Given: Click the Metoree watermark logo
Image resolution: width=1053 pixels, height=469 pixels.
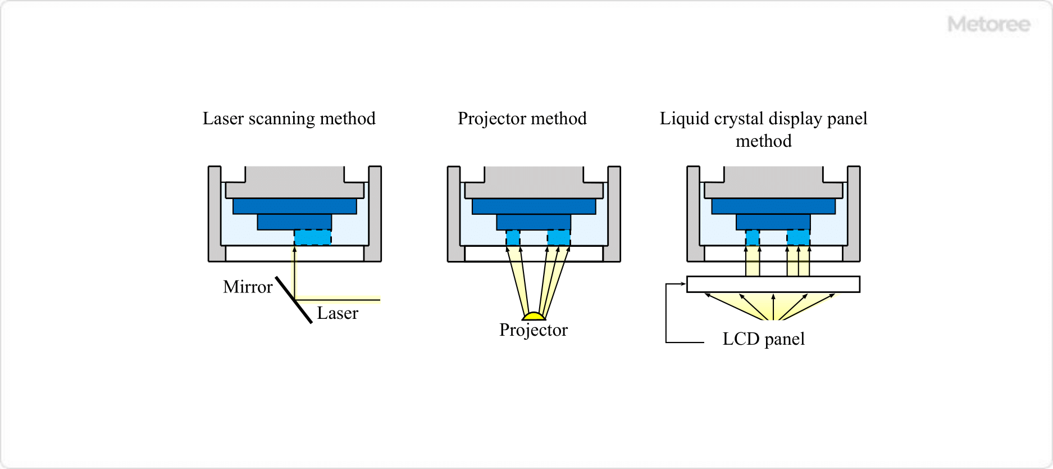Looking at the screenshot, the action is point(988,24).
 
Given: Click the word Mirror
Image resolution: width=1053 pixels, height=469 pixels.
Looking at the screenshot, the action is point(248,287).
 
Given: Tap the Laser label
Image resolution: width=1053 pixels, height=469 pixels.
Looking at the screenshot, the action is point(337,313).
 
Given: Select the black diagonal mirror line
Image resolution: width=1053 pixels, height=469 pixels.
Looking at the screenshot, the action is point(294,300).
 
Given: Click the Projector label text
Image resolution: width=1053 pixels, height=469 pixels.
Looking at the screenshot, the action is point(533,330).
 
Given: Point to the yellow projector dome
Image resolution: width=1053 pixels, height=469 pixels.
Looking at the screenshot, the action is point(534,317).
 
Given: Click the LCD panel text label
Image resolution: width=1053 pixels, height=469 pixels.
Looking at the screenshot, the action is point(763,339).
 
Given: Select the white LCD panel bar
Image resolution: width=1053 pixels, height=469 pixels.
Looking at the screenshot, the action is point(773,284).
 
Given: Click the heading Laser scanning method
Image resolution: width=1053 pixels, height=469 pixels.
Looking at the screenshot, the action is point(289,119).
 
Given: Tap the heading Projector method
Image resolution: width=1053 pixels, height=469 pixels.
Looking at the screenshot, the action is point(522,119).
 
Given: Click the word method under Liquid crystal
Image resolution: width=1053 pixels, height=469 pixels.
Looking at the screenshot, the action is point(763,141).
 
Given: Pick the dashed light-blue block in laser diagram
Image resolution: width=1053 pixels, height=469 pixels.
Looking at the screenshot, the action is point(312,237).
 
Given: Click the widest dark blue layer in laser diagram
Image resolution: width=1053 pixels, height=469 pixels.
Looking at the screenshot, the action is point(294,206).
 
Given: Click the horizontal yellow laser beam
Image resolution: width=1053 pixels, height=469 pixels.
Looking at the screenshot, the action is point(337,298).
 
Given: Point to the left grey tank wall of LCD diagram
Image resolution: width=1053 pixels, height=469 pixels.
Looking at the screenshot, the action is point(694,214).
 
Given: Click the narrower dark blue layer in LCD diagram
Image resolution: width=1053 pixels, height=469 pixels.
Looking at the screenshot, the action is point(773,222).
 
